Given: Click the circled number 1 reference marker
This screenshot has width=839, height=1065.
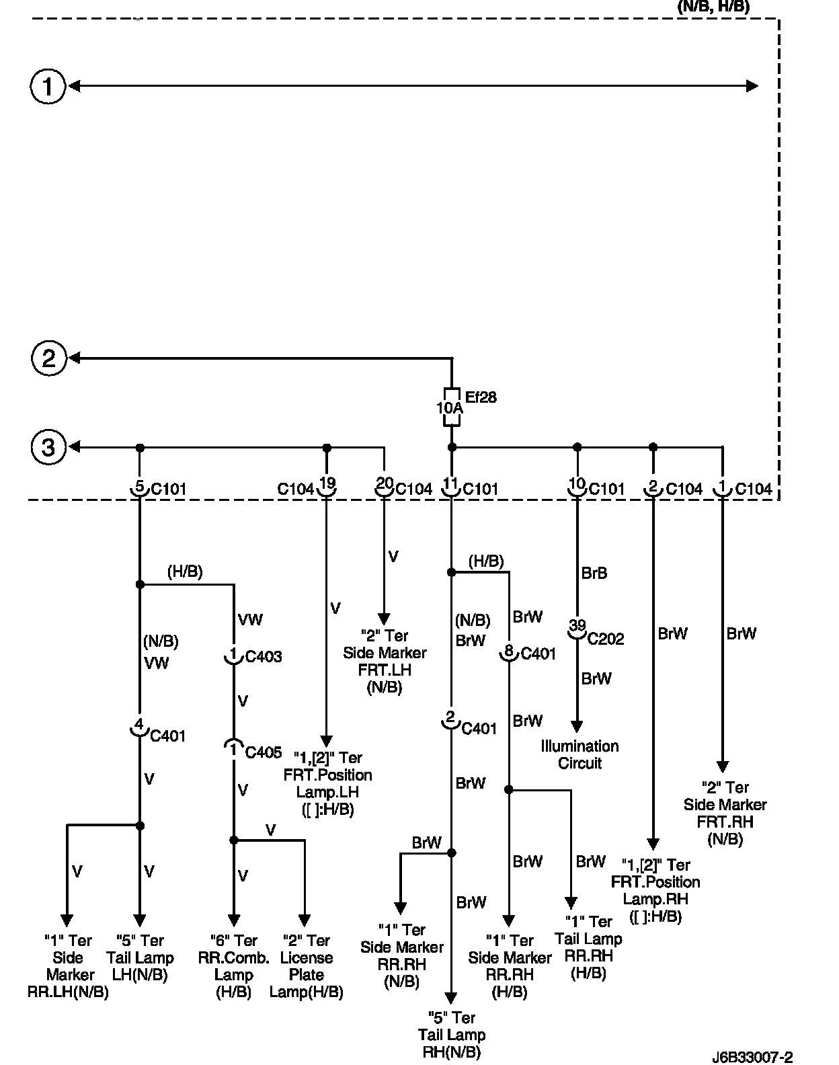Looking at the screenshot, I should coord(48,86).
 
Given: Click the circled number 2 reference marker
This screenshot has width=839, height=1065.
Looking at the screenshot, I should coord(48,358).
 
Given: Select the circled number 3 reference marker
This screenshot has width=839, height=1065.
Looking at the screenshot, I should coord(48,447).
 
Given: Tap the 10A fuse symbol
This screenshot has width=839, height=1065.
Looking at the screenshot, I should coord(451,407).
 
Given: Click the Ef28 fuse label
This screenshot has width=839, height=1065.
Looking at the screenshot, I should coord(480,397).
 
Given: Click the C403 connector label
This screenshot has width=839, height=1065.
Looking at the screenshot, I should coord(264,656).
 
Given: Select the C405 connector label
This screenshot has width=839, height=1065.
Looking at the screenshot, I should coord(264,752).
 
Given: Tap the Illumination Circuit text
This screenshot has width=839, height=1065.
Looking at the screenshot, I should coord(580,754).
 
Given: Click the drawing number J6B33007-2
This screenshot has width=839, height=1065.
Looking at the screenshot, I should coord(757,1058).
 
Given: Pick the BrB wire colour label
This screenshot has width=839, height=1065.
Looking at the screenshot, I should coord(594,573).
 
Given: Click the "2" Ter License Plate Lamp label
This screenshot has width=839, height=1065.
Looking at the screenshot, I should coord(306,966).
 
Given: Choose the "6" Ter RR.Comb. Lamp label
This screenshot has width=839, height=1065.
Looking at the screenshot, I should coord(233,966).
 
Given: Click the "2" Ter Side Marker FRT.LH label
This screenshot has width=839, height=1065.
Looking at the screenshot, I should coord(385,661).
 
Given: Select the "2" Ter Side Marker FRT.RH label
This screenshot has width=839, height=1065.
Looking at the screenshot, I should coord(725,813).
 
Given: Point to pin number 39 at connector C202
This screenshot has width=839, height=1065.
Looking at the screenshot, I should coord(577,625).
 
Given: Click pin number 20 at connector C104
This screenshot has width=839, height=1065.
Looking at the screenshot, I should coord(384,483).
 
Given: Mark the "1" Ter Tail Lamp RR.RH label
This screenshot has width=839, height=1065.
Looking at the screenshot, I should coord(588,947).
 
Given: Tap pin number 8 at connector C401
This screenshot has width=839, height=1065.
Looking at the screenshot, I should coord(509,650).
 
